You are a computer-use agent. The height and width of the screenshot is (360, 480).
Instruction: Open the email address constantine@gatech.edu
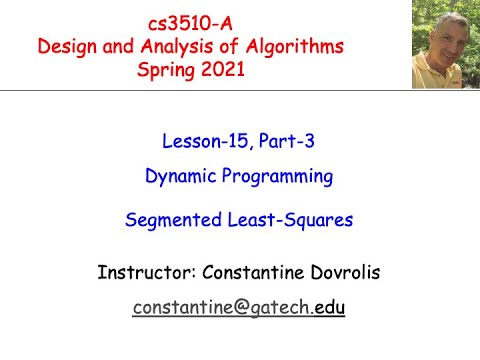point(239,308)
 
